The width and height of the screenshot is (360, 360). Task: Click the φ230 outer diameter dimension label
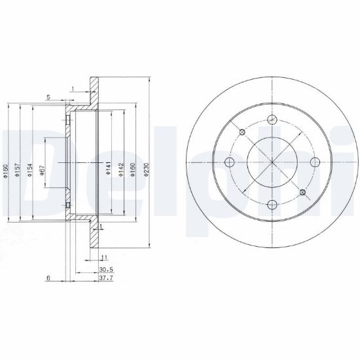[147, 170]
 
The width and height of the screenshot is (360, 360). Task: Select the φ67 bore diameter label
[43, 171]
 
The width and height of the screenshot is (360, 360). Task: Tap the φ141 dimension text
[109, 168]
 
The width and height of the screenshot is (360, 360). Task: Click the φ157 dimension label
[18, 170]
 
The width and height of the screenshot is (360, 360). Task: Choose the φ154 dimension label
[30, 170]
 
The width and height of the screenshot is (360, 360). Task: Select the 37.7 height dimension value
[106, 278]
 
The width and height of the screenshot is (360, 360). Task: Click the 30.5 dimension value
[106, 270]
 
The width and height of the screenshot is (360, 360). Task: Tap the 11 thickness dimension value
[105, 258]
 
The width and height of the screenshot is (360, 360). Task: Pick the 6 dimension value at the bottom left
[48, 278]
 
